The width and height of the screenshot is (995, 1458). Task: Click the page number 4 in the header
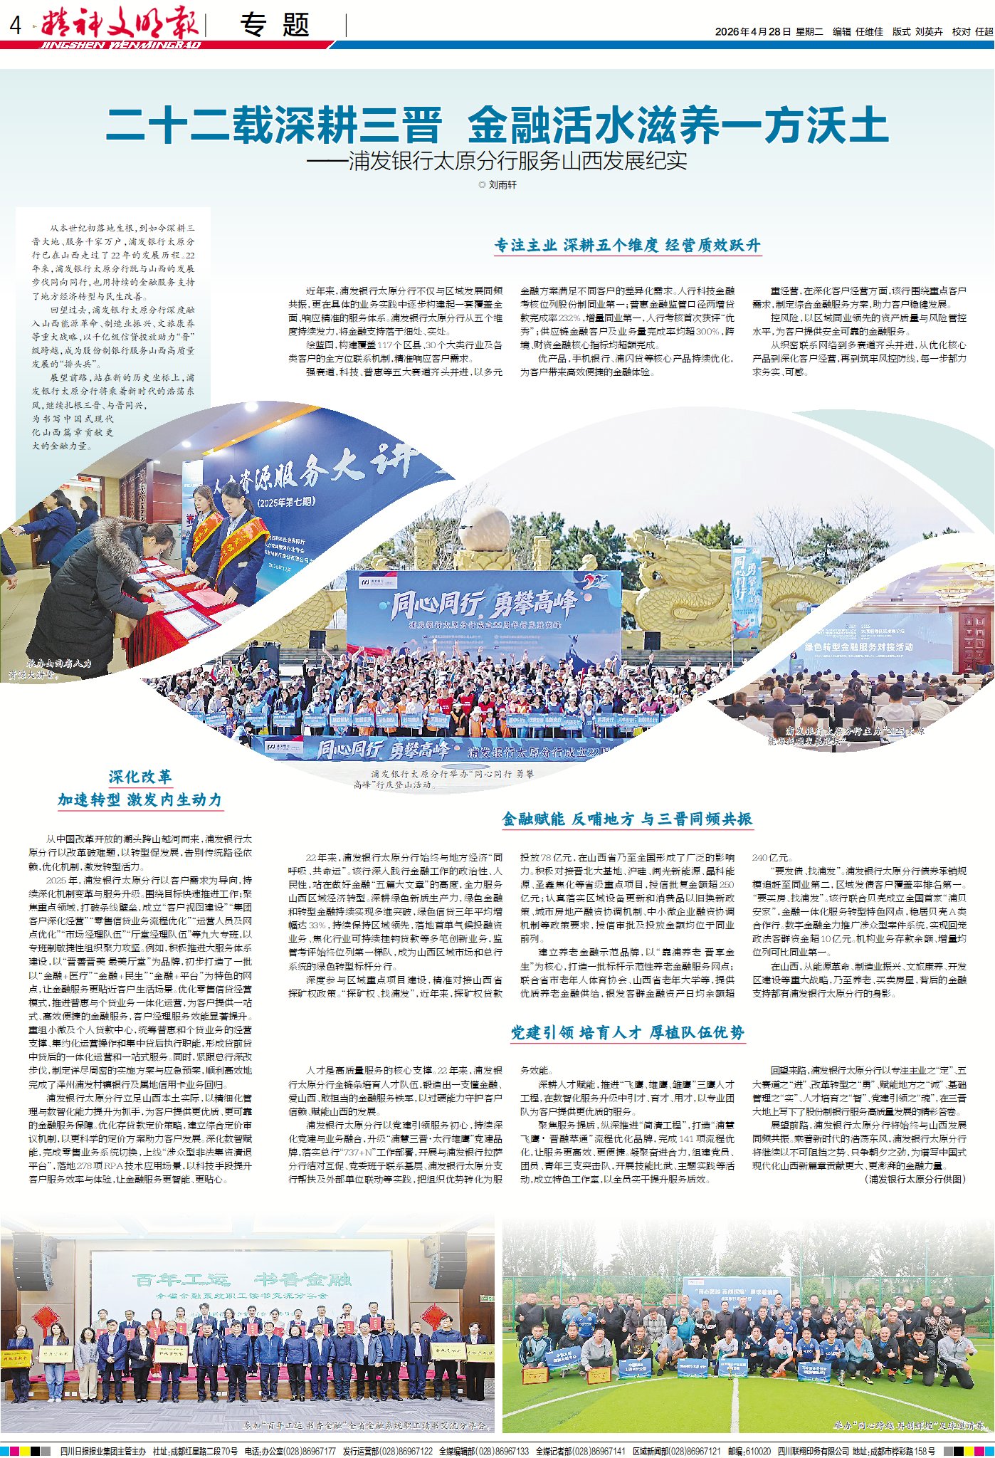[16, 26]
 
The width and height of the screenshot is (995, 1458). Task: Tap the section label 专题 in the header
[275, 26]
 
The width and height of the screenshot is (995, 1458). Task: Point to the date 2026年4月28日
[753, 32]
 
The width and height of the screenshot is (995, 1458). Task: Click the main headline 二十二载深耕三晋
[274, 125]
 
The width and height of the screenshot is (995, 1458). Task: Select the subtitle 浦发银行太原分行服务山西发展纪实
[518, 161]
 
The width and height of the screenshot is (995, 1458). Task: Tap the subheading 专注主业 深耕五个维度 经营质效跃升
[628, 246]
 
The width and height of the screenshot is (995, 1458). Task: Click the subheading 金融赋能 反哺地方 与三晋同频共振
[627, 819]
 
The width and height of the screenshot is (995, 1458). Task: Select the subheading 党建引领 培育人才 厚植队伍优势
[627, 1033]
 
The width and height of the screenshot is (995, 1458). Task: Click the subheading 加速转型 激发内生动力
[140, 800]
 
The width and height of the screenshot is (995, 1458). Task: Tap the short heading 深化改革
[140, 777]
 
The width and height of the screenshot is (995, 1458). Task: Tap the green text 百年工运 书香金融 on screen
[241, 1279]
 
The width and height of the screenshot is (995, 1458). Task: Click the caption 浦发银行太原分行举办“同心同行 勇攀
[452, 774]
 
